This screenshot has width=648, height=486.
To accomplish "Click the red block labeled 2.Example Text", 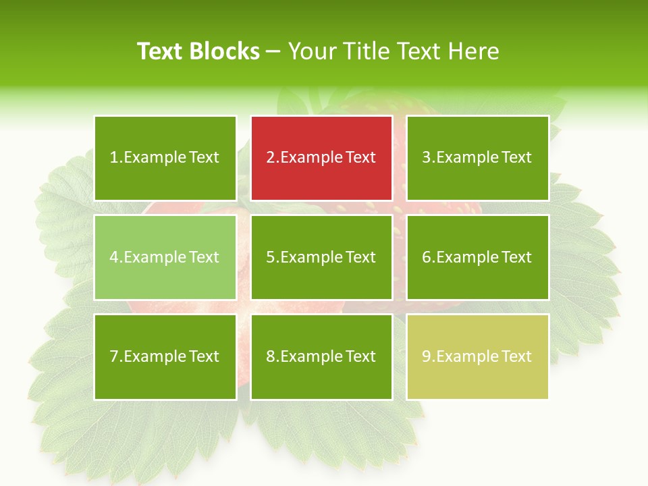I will (321, 158).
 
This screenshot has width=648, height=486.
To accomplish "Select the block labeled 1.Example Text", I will (165, 158).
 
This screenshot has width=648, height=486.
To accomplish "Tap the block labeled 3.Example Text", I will (477, 158).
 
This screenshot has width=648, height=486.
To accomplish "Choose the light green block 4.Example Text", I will (165, 257).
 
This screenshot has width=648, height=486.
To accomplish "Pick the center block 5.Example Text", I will (321, 257).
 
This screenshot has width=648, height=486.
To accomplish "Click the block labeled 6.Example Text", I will (477, 257).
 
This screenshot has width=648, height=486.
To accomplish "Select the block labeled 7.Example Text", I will (165, 356).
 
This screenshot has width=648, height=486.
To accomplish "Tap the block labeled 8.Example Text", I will (321, 356).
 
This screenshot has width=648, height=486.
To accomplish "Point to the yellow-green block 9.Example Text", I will (477, 356).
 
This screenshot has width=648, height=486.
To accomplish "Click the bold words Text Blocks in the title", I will (198, 51).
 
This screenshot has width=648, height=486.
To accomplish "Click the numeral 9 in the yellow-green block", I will (427, 356).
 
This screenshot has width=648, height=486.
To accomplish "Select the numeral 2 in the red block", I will (271, 158).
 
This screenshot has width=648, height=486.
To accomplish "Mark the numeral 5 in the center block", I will (271, 257).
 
